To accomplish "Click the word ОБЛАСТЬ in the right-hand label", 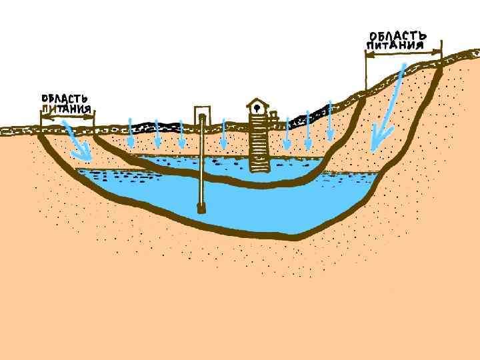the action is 398,35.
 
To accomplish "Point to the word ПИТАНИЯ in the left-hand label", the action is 66,109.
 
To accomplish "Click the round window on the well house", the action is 257,109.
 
